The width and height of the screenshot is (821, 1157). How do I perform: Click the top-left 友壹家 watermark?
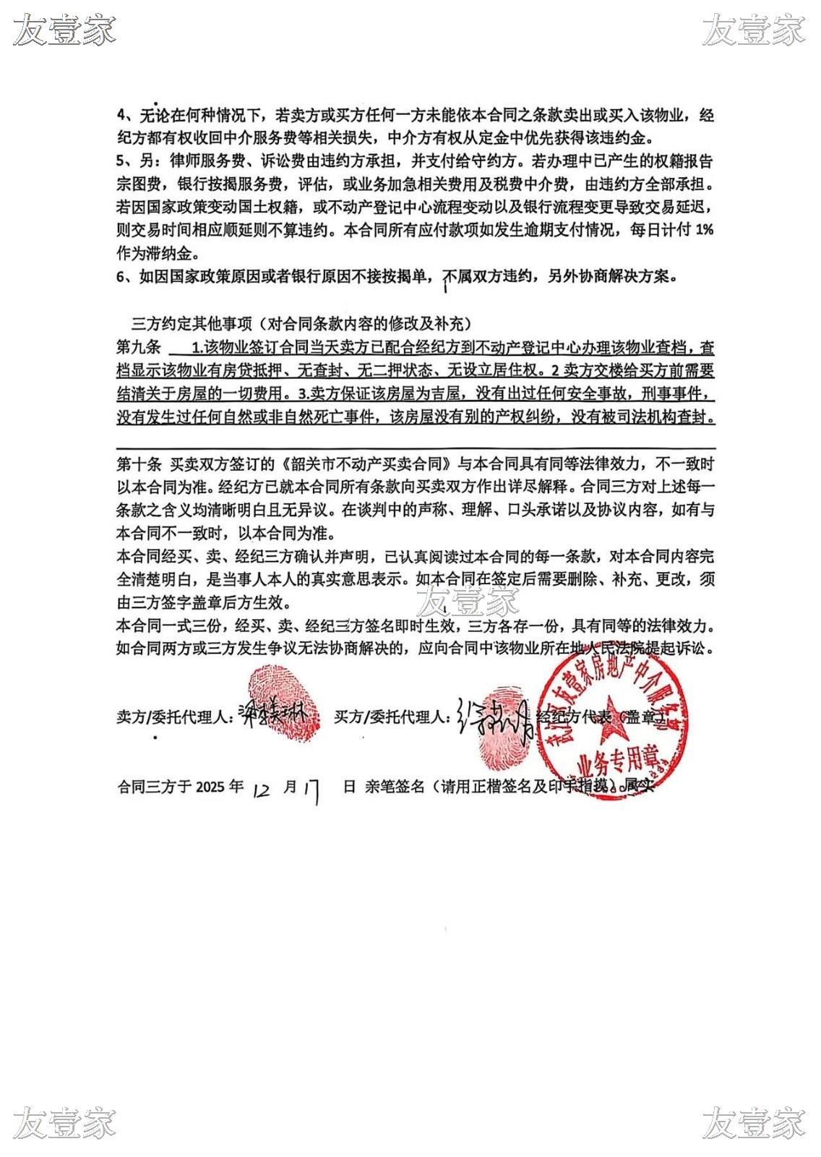coord(65,30)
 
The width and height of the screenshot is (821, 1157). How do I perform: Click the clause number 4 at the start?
coord(121,115)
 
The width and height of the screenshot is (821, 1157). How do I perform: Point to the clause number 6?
coord(121,277)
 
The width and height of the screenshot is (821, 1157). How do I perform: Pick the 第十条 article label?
coord(138,464)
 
